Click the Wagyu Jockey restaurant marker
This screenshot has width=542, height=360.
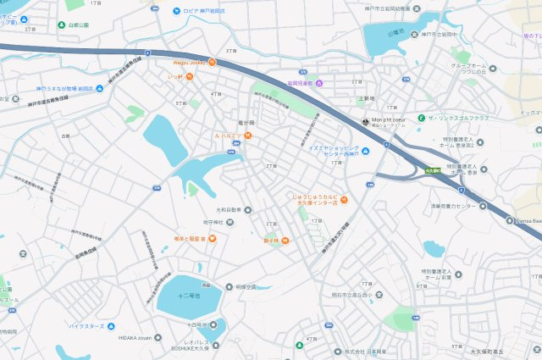pyautogui.click(x=213, y=62)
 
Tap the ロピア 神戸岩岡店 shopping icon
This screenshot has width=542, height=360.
pyautogui.click(x=176, y=11)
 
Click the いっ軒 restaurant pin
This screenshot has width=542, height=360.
pyautogui.click(x=190, y=76)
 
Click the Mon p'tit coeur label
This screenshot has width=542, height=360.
pyautogui.click(x=390, y=120)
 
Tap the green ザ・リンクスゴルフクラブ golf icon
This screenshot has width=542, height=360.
pyautogui.click(x=420, y=117)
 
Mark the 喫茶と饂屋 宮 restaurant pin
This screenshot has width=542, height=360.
pyautogui.click(x=212, y=239)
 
